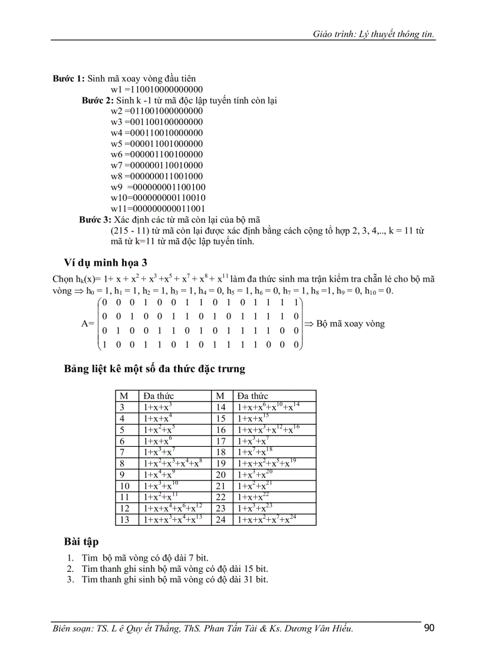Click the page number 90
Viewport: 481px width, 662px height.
click(x=429, y=628)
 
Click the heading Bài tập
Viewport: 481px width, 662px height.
click(x=81, y=541)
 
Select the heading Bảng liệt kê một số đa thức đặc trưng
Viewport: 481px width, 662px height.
click(x=154, y=370)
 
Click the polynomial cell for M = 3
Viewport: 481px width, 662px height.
click(x=174, y=407)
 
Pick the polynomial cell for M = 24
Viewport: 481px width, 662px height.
click(x=274, y=519)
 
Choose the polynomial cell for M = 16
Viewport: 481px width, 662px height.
click(x=274, y=430)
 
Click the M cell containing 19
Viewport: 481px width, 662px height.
click(x=222, y=463)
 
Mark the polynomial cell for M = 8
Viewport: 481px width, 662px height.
click(x=174, y=463)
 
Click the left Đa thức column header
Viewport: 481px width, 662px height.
click(x=159, y=396)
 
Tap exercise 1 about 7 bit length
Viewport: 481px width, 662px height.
click(x=141, y=558)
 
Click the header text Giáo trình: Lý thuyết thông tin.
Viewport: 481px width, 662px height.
click(x=374, y=34)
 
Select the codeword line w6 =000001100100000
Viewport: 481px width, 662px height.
click(x=156, y=154)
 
